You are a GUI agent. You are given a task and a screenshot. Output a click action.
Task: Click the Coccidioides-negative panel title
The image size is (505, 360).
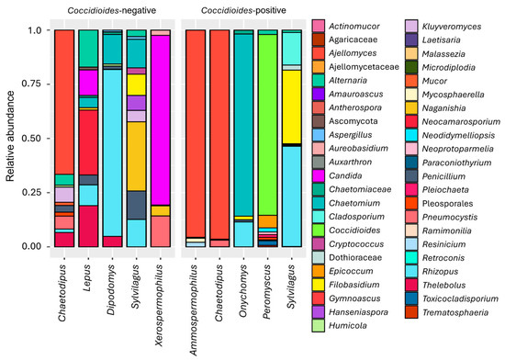[112, 11]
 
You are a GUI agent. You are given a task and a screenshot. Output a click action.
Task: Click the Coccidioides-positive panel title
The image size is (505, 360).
[243, 11]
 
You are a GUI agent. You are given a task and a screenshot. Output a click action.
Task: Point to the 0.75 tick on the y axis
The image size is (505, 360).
[49, 84]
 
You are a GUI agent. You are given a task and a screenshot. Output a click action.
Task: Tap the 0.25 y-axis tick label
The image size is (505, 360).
[31, 192]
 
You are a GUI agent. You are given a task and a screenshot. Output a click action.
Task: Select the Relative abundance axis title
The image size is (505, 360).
[10, 136]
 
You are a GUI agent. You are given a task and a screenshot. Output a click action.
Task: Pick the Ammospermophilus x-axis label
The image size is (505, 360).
[194, 310]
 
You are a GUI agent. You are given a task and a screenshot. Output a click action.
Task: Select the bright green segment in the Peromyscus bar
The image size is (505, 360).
[267, 125]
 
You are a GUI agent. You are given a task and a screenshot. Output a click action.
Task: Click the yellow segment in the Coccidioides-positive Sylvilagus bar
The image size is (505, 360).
[292, 107]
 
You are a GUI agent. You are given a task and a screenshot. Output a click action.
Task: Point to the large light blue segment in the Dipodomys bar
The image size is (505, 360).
[112, 153]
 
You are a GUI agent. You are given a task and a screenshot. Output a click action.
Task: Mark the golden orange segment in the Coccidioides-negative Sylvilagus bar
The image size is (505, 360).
[137, 156]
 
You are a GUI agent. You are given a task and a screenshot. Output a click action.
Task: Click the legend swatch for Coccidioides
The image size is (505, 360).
[319, 231]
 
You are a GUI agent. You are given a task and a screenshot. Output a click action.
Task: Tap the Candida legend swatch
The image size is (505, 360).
[319, 175]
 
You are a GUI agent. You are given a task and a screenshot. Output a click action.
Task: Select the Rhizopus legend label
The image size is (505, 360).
[440, 272]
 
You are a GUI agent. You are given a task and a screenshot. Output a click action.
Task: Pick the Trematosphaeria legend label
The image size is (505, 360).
[455, 312]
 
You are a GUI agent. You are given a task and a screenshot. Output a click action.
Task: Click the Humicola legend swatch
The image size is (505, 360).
[319, 325]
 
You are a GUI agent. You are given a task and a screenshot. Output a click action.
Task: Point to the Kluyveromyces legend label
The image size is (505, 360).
[452, 27]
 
